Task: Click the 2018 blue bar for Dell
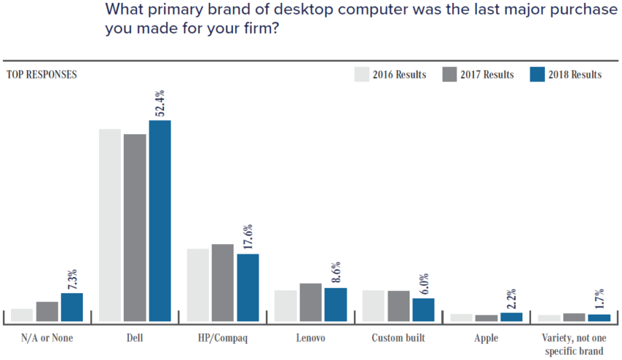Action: (160, 221)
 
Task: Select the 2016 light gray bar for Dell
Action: (110, 225)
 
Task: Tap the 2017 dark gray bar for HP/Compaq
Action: (223, 282)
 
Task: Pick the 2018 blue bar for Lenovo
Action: (336, 304)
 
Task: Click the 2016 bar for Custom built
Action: (374, 306)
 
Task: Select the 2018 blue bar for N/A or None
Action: (72, 307)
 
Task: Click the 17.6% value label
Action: (248, 238)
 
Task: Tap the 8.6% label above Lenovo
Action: (336, 272)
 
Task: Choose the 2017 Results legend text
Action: (487, 75)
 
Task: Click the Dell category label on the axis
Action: (135, 338)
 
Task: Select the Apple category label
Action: (486, 338)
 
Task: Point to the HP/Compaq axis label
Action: (223, 338)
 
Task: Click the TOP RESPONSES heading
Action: (42, 74)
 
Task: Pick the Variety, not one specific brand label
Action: (574, 344)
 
